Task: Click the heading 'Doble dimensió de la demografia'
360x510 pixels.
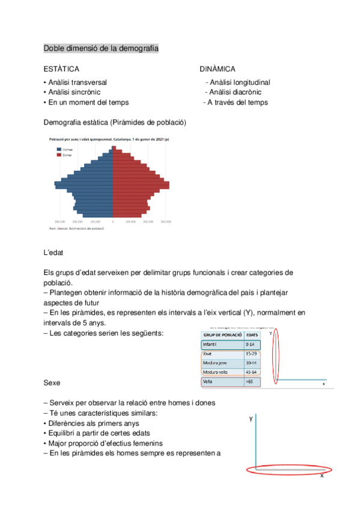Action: (101, 48)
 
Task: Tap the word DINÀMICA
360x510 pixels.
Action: (217, 69)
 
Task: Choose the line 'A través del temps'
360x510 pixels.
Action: (237, 102)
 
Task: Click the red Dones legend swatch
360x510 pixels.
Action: (59, 155)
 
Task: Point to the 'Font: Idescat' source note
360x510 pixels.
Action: (76, 229)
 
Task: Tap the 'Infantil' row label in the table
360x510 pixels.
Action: (210, 345)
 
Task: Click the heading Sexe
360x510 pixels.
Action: (52, 382)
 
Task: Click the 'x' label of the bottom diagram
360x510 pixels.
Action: (322, 475)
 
